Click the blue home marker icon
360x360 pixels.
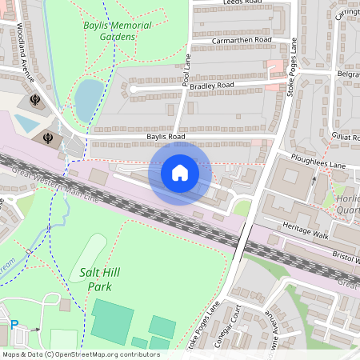179,172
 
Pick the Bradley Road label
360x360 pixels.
212,84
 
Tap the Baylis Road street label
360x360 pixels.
165,137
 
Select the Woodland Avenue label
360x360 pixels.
28,53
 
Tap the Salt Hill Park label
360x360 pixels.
101,279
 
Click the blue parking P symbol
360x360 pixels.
14,325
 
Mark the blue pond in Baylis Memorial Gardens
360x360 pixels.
88,98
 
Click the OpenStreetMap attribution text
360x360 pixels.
80,354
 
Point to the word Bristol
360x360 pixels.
345,261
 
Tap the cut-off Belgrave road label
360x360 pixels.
348,73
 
